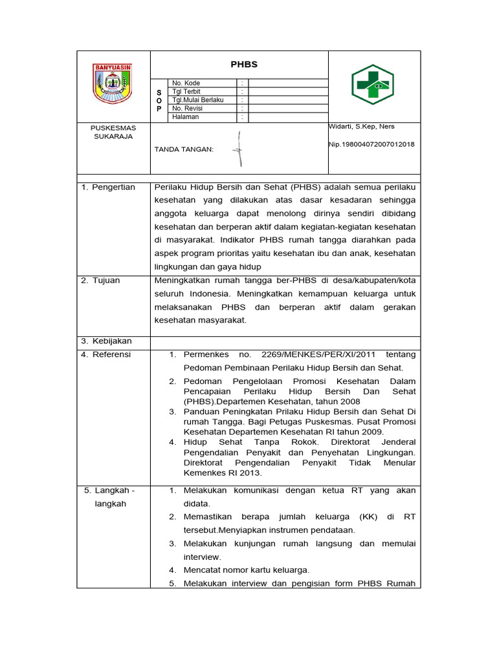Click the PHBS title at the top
(244, 65)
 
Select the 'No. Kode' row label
(186, 83)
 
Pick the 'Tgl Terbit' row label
(186, 92)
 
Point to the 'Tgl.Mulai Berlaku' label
(198, 100)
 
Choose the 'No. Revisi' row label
(188, 109)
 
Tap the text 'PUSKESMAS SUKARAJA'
(113, 133)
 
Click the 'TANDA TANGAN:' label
(184, 149)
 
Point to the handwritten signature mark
(239, 149)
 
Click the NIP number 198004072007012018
(372, 145)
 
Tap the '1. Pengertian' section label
(108, 187)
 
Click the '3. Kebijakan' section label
(106, 341)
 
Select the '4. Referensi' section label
(106, 354)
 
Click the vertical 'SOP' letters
(159, 101)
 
